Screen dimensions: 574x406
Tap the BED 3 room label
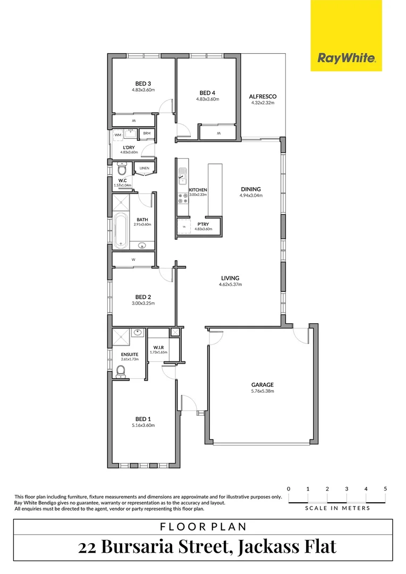(x=142, y=83)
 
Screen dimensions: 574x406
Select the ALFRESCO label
(x=263, y=97)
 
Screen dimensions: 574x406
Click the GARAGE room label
(x=262, y=385)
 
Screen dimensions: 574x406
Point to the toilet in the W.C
(x=122, y=170)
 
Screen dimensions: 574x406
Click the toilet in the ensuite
(x=121, y=370)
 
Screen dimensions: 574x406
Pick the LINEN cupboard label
(x=145, y=168)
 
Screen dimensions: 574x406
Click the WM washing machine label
(x=118, y=135)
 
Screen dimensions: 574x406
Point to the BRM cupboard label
(x=147, y=133)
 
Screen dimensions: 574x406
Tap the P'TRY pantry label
(x=202, y=224)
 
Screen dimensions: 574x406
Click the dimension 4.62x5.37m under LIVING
(x=230, y=284)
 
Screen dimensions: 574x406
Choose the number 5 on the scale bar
(x=385, y=488)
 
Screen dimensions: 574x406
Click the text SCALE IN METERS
(x=337, y=508)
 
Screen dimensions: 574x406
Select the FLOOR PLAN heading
(x=203, y=527)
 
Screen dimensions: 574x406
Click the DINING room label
(x=251, y=189)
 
